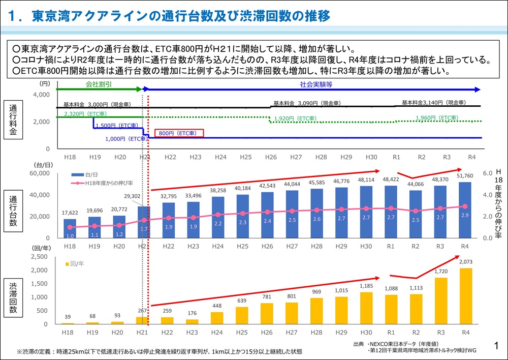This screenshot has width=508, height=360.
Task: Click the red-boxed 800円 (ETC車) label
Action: coord(178,133)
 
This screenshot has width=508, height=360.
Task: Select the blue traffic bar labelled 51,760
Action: coord(465,209)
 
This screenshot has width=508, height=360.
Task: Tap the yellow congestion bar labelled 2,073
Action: coord(465,296)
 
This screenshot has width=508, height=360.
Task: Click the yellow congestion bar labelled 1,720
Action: coord(441,301)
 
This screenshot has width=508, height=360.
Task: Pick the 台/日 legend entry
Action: coord(81,175)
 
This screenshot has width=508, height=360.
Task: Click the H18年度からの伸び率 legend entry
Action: coord(100,183)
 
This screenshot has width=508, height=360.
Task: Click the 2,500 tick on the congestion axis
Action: coord(41,257)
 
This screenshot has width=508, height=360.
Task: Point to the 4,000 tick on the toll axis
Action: coord(42,95)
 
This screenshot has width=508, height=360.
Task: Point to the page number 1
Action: coord(496,346)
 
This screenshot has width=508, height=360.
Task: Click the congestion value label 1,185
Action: coord(367,286)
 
